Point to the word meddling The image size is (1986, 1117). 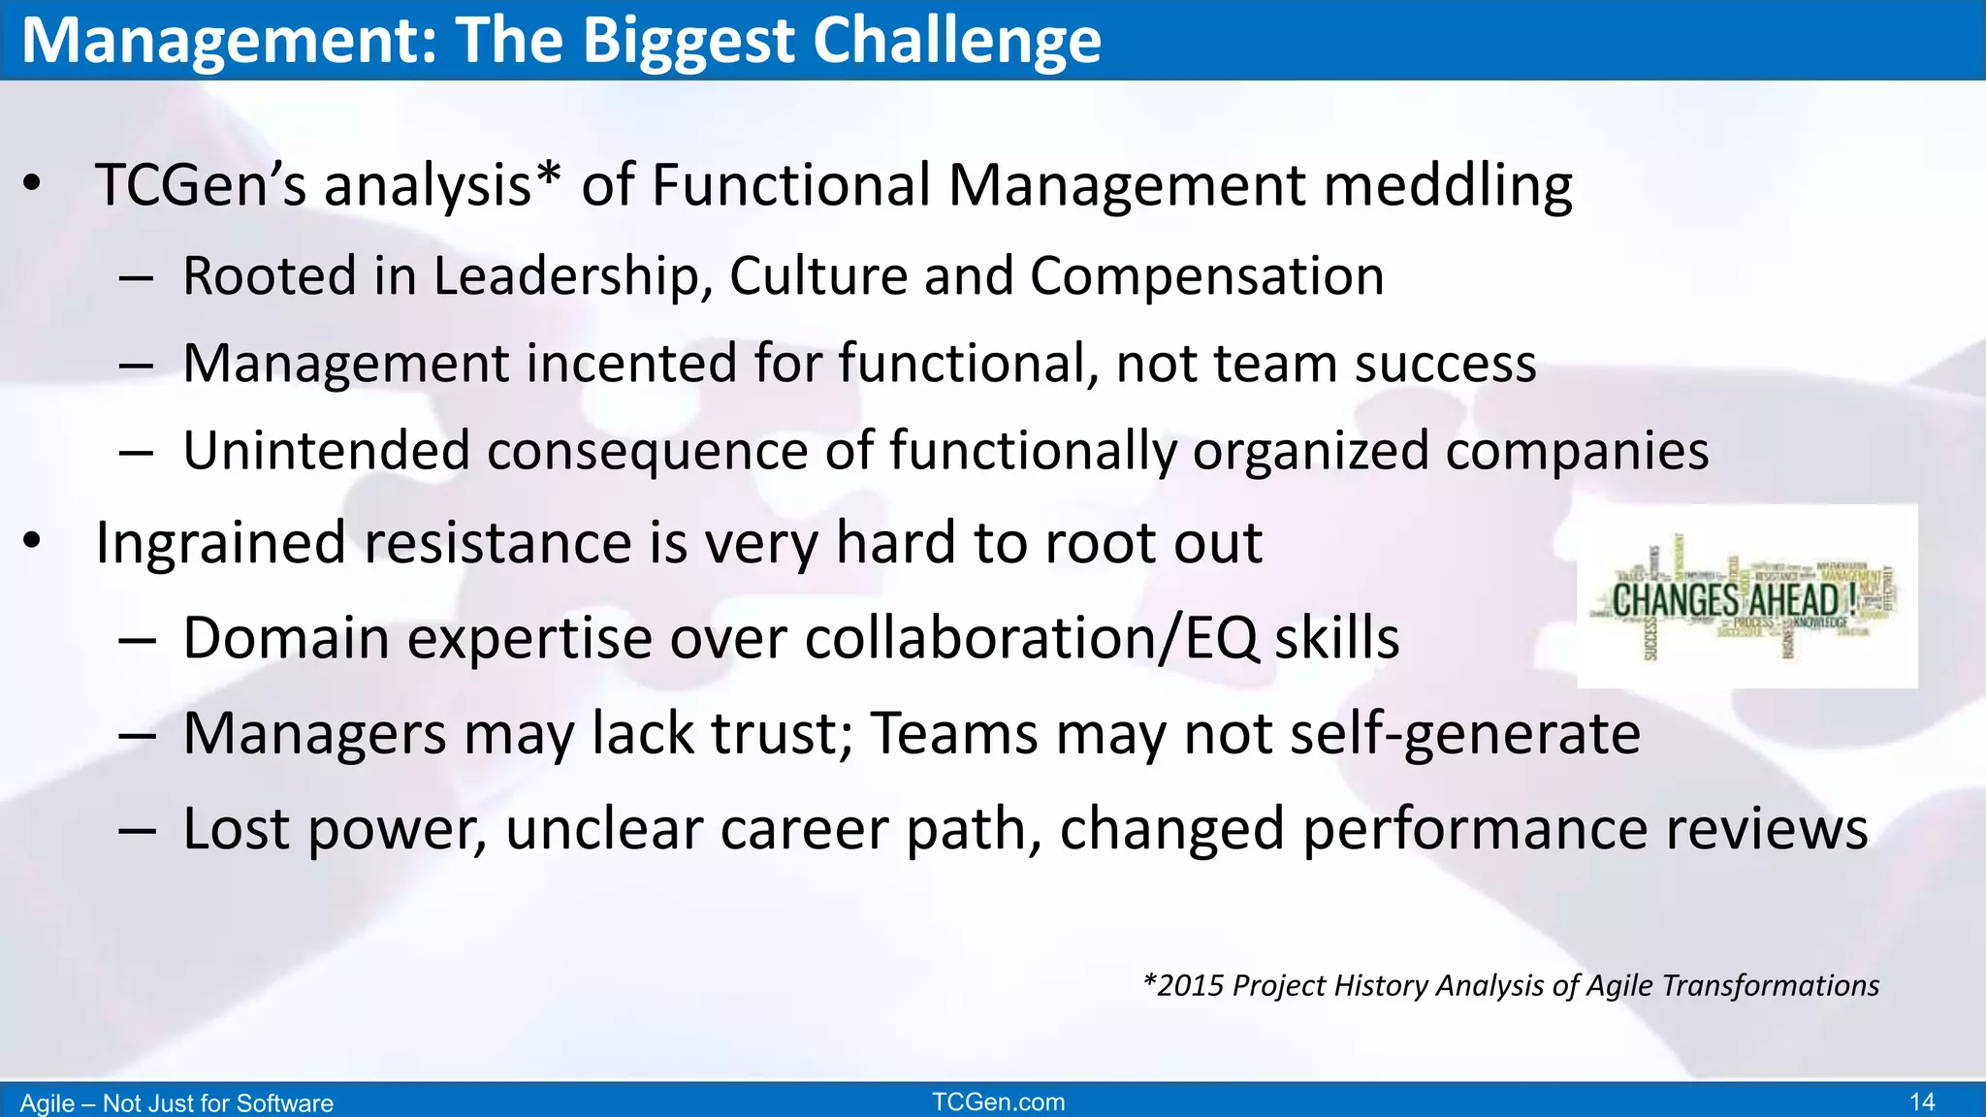[x=1448, y=185]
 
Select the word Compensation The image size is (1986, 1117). [x=1206, y=276]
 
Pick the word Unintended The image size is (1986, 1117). [x=326, y=451]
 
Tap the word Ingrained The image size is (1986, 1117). [x=220, y=542]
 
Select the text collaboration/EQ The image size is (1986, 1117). [x=1032, y=639]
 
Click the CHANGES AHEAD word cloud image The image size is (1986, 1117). [x=1746, y=596]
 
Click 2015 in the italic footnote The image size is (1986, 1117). [x=1191, y=986]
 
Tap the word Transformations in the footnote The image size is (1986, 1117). [x=1770, y=986]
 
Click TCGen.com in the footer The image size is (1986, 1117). [x=998, y=1102]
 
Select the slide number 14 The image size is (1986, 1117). [x=1921, y=1102]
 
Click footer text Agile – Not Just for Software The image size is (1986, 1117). [x=176, y=1103]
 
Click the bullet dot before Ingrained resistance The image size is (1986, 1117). [x=33, y=542]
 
